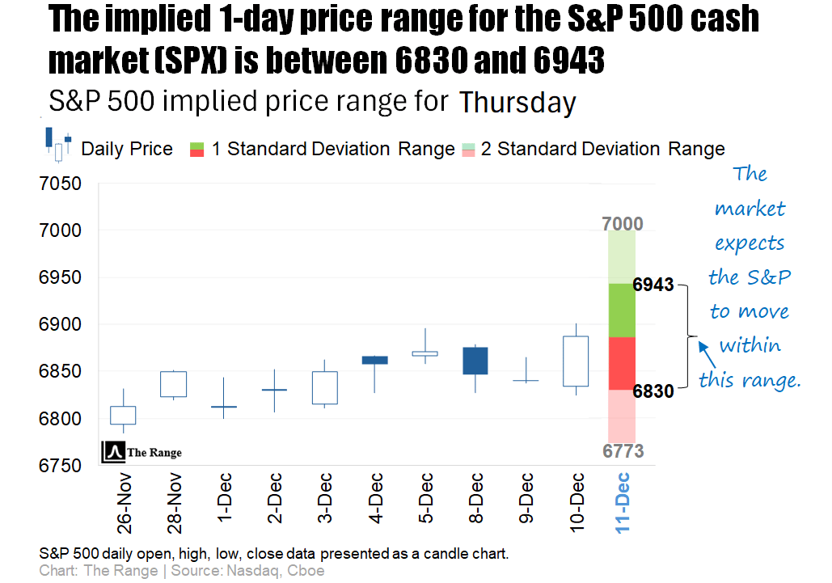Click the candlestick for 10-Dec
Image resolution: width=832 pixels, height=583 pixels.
click(x=576, y=361)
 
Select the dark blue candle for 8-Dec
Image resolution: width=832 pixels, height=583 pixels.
click(x=475, y=360)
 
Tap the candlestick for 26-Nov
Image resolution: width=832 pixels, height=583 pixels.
click(x=123, y=415)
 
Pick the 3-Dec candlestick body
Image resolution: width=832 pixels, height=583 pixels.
click(x=325, y=387)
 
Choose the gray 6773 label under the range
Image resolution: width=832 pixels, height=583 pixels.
click(x=623, y=451)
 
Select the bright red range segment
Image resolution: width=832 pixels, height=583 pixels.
click(x=623, y=363)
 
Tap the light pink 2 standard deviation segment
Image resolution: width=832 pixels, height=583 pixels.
click(x=623, y=415)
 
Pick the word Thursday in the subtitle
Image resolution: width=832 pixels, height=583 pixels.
click(x=517, y=104)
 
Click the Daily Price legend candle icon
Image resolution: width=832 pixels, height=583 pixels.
click(x=58, y=144)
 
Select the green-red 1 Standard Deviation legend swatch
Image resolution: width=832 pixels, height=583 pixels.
click(x=196, y=149)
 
